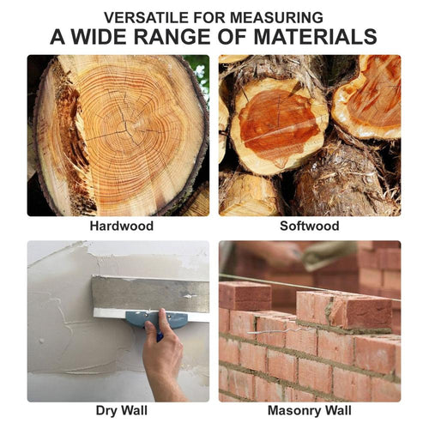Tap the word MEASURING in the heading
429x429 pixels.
[x=276, y=18]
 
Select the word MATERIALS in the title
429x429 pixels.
[x=315, y=37]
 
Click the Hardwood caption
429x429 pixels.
[x=122, y=226]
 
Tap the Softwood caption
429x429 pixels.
[x=310, y=226]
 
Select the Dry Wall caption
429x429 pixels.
[x=122, y=411]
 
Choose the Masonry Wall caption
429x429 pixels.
[x=310, y=411]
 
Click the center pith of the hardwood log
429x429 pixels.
[x=127, y=130]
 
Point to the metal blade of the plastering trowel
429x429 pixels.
[x=150, y=294]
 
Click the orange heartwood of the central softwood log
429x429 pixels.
[x=279, y=122]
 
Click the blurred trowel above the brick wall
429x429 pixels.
[x=329, y=255]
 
